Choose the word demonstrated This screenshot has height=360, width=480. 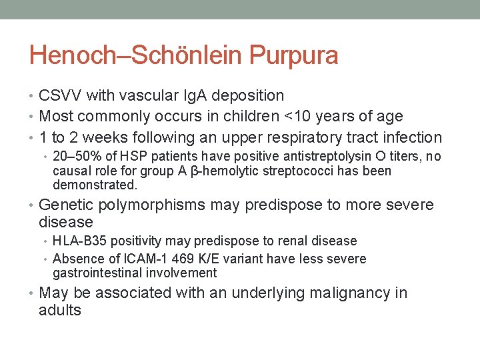pyautogui.click(x=95, y=185)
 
